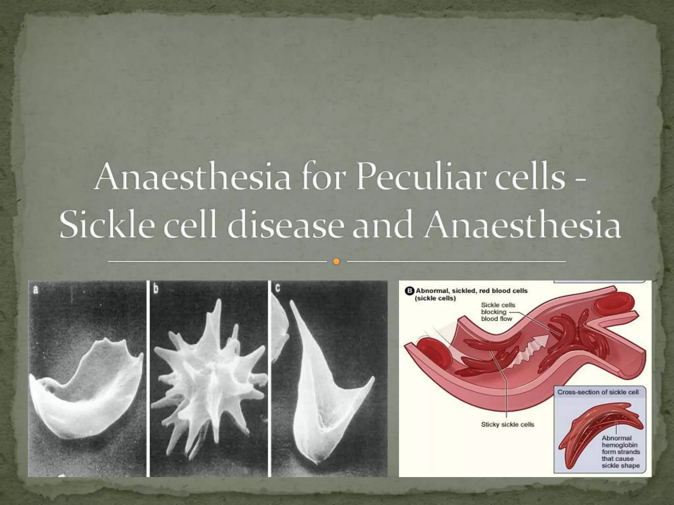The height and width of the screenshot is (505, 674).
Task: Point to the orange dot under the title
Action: (336, 262)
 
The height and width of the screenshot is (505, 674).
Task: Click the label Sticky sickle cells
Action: (507, 424)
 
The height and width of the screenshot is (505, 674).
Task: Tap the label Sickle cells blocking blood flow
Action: (498, 312)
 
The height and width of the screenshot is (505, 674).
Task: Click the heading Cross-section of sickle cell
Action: (598, 392)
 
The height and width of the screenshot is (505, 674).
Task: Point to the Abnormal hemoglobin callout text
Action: (621, 452)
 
